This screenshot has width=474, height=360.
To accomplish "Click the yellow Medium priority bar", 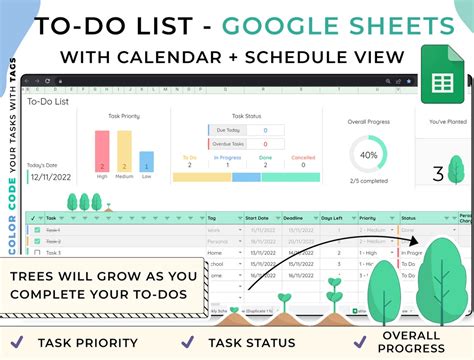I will (x=124, y=151).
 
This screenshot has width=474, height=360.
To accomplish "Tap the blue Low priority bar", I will (x=146, y=161).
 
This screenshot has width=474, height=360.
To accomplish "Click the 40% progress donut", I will (x=368, y=155).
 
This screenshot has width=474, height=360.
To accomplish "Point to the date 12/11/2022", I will (x=50, y=176).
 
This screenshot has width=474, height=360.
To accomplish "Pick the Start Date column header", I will (x=256, y=217).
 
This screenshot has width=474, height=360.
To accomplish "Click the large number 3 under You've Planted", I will (x=438, y=175).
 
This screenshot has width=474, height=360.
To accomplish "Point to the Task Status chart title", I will (x=245, y=116).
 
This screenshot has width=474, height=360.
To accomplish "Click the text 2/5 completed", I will (x=368, y=182).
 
